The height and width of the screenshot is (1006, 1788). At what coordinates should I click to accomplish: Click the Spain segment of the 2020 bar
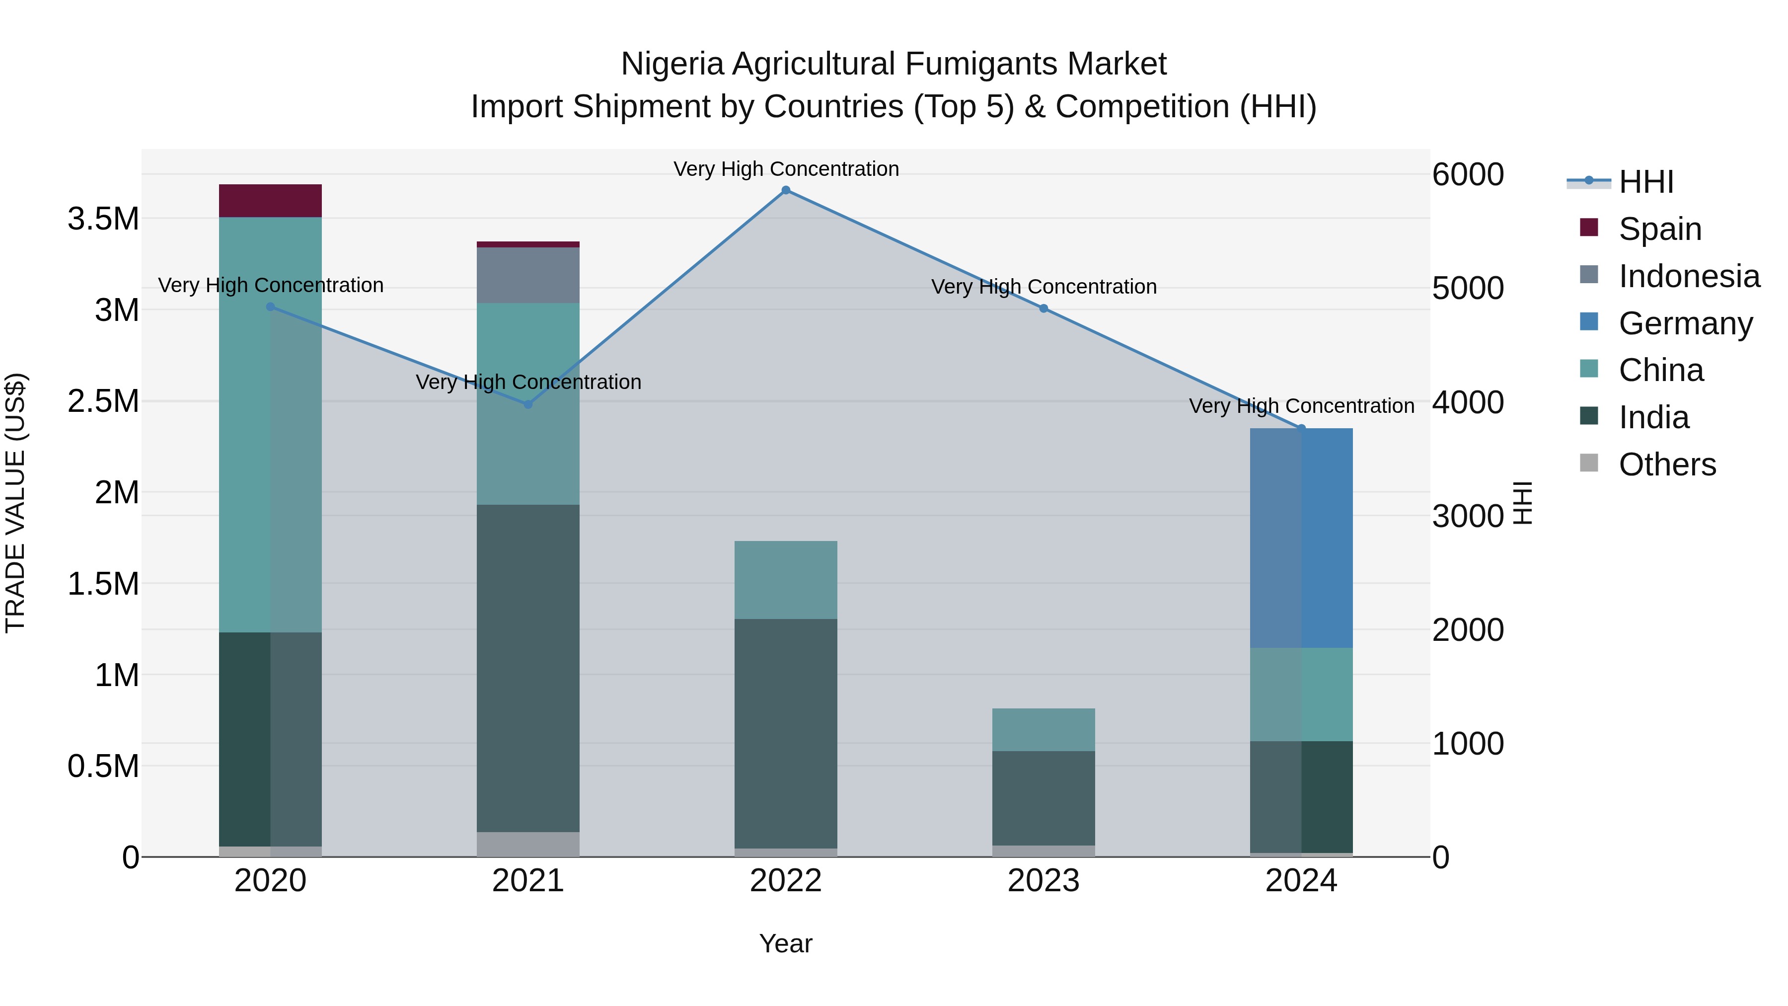tap(270, 201)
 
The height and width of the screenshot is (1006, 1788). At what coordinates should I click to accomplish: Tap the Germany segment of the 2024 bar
tap(1301, 538)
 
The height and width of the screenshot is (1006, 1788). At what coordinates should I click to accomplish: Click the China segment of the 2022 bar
tap(785, 580)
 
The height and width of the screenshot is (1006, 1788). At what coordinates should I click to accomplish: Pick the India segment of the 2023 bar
tap(1043, 798)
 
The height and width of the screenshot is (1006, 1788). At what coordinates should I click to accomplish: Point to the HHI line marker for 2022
tap(786, 190)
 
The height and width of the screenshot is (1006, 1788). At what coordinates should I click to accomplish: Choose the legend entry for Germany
tap(1685, 323)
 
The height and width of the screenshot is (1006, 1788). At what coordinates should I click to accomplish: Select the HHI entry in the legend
tap(1645, 182)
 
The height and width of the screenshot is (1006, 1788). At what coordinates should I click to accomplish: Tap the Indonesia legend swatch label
tap(1688, 276)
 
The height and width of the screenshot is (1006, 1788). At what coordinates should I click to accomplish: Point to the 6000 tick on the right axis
tap(1467, 175)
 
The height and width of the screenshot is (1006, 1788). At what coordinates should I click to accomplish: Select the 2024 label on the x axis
tap(1301, 881)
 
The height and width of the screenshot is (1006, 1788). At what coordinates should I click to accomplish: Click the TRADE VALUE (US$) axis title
tap(15, 503)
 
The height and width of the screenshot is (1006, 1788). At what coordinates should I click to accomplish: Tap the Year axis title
tap(785, 943)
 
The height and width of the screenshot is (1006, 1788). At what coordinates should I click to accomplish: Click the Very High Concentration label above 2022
tap(786, 169)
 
